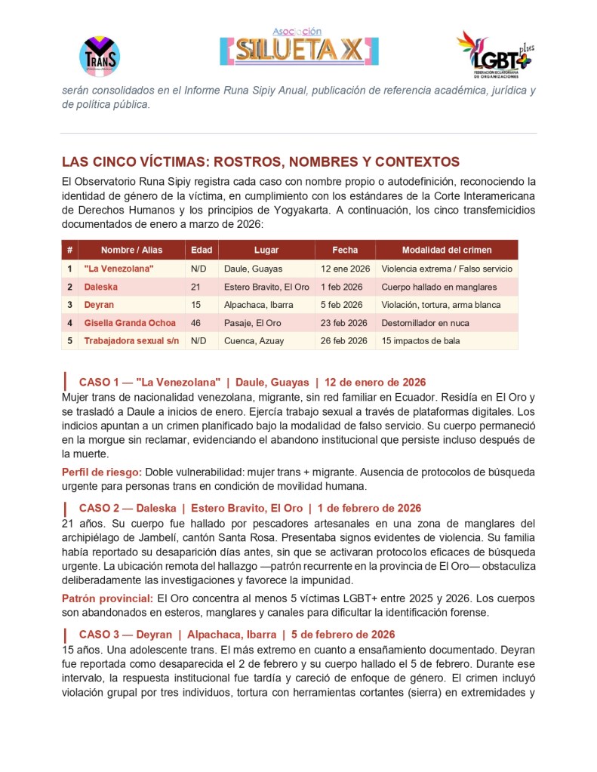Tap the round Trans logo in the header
[x=100, y=55]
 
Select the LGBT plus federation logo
[x=494, y=55]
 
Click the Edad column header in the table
[x=202, y=250]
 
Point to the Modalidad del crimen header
[x=446, y=250]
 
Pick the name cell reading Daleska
[x=100, y=287]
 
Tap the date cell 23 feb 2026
[x=344, y=323]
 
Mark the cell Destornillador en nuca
[x=425, y=323]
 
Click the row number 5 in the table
[x=69, y=341]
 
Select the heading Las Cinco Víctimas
[x=260, y=162]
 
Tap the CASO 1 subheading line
[x=252, y=382]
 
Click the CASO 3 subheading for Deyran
[x=236, y=635]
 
